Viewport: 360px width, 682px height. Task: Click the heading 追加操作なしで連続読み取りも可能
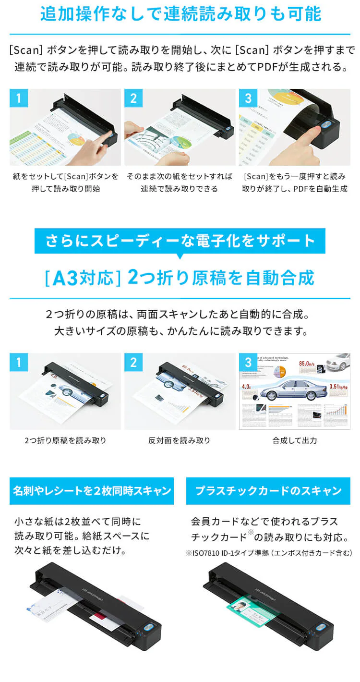click(180, 14)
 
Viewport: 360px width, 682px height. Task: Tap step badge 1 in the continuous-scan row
click(19, 98)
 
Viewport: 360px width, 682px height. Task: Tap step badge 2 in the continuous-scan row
click(133, 98)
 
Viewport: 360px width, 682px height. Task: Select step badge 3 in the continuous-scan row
click(248, 98)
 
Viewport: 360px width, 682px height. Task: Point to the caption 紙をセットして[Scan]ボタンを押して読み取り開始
click(65, 183)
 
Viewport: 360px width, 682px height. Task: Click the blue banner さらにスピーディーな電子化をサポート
click(180, 241)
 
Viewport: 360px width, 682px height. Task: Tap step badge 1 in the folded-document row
click(19, 362)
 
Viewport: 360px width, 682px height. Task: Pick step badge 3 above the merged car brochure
click(248, 362)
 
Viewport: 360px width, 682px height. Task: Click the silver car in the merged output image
click(291, 389)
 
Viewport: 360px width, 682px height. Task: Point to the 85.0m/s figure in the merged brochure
click(310, 364)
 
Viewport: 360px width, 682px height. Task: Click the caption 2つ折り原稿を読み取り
click(65, 440)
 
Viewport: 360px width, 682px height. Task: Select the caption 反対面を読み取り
click(180, 440)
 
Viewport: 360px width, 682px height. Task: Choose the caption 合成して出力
click(294, 440)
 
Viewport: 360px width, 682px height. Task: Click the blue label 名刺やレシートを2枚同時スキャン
click(92, 491)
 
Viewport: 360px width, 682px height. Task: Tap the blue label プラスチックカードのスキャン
click(268, 491)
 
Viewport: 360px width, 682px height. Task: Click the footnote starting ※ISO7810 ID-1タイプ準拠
click(269, 553)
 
